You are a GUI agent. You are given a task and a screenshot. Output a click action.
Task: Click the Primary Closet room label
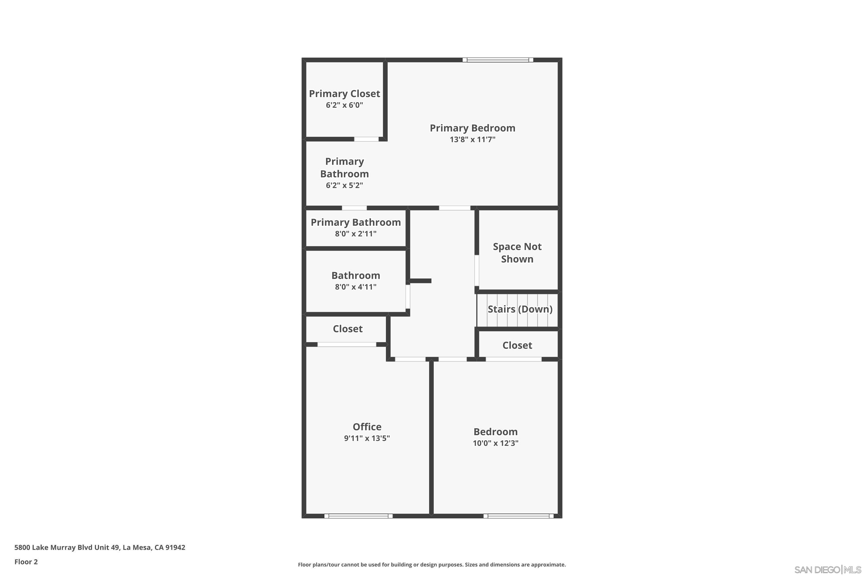[344, 94]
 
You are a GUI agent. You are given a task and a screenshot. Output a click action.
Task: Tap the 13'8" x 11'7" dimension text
[472, 140]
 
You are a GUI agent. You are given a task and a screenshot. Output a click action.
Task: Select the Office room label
[367, 427]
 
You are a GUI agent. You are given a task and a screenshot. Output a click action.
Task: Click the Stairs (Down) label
[520, 309]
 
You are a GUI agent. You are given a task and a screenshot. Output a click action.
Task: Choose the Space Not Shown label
[517, 253]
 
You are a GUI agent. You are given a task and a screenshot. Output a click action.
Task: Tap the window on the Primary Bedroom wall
[497, 60]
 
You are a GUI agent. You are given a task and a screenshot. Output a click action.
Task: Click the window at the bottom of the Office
[358, 516]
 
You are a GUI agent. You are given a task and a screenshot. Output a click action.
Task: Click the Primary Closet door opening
[366, 139]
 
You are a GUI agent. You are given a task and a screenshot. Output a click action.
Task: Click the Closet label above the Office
[348, 329]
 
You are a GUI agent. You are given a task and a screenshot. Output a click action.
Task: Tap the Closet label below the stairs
[517, 345]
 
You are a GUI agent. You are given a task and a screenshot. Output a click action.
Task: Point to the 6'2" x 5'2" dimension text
[344, 185]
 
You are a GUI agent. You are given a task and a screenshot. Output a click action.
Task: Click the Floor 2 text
[26, 562]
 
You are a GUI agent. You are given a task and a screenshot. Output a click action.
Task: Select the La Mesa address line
[100, 547]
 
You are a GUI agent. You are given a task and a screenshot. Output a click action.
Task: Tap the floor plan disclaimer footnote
[432, 564]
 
